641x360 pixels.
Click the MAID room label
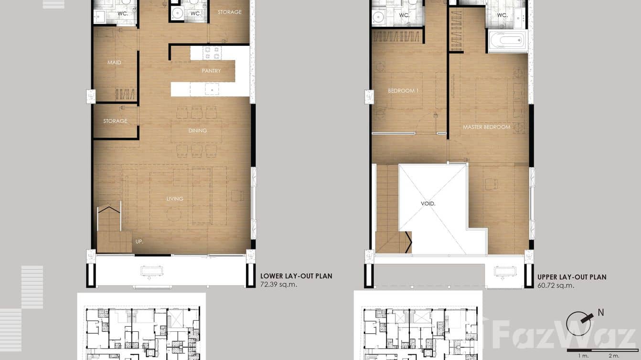(x=114, y=63)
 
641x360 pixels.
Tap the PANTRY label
(x=211, y=71)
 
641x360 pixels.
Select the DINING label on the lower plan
(x=197, y=131)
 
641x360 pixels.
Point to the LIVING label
(x=175, y=199)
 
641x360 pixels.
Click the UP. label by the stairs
(x=139, y=242)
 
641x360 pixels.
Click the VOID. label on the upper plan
(x=428, y=203)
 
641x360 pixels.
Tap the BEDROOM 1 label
(x=403, y=91)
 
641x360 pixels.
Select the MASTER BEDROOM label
(x=486, y=127)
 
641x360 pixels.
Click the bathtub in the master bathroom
(x=507, y=41)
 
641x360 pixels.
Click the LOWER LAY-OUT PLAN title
(x=296, y=276)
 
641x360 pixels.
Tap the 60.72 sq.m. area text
(x=556, y=286)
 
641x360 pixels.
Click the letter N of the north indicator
(x=601, y=313)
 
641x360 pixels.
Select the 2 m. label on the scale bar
(x=614, y=356)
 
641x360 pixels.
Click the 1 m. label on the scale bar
(x=583, y=356)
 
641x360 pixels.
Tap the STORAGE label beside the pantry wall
(x=230, y=12)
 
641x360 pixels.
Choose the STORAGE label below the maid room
(x=115, y=121)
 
